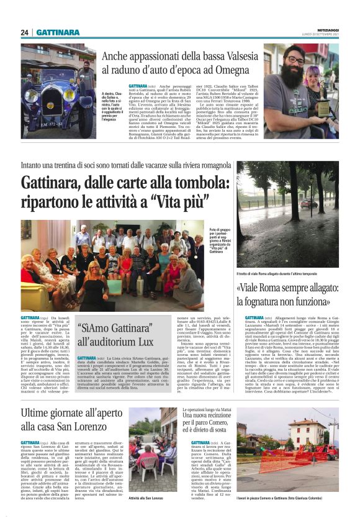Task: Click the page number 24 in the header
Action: coord(25,32)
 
